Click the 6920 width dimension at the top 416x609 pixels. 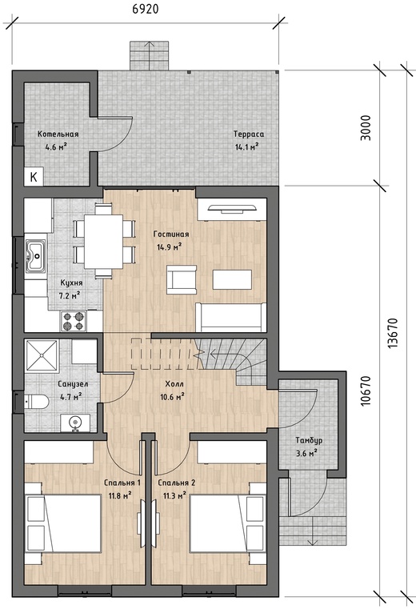[x=146, y=9]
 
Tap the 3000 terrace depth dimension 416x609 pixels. [x=366, y=128]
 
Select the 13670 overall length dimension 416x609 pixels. [x=393, y=333]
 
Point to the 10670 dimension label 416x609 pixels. [x=366, y=391]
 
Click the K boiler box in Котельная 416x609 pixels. [x=34, y=177]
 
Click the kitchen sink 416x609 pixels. [x=36, y=255]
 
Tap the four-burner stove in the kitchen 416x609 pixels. [x=74, y=321]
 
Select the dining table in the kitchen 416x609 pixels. [x=103, y=241]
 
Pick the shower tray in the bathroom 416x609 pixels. [x=42, y=355]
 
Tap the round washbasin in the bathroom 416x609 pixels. [x=75, y=423]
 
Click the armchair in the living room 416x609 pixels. [x=182, y=279]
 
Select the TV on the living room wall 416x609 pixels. [x=232, y=209]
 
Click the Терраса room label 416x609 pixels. [x=249, y=134]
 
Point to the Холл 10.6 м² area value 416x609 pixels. [x=173, y=397]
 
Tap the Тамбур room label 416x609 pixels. [x=309, y=440]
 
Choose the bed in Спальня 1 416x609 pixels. [x=63, y=523]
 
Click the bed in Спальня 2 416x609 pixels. [x=228, y=523]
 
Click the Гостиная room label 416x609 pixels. [x=171, y=234]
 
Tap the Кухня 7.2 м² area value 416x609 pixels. [x=70, y=295]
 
